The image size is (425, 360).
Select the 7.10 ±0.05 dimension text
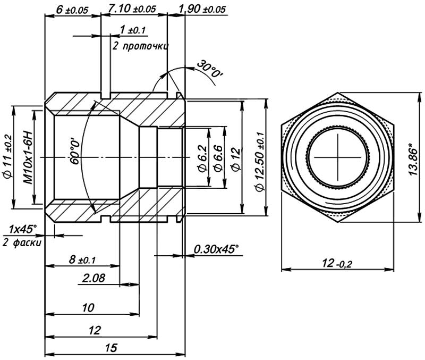coord(131,9)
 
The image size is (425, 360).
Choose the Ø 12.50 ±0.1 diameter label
coord(259,157)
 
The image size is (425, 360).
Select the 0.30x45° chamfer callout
coord(216,249)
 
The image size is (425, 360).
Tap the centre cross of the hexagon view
coord(338,158)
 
